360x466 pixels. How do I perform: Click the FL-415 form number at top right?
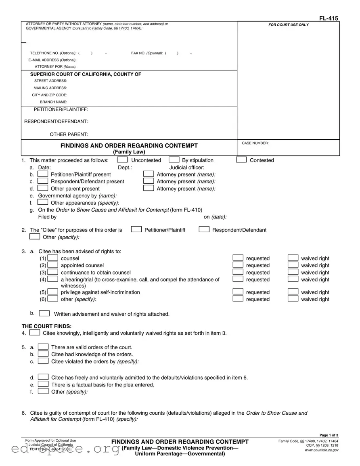point(329,18)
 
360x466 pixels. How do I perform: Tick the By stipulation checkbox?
point(174,160)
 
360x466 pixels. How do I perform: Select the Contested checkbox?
point(241,160)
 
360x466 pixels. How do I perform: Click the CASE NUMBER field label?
point(255,143)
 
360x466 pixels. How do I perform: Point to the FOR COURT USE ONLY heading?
point(288,25)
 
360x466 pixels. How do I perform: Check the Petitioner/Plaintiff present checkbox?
point(43,174)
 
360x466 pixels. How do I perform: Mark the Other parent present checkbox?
point(43,188)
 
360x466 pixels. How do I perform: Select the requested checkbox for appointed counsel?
point(239,265)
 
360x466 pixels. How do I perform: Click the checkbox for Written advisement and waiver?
point(44,313)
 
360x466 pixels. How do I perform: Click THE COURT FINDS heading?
point(46,326)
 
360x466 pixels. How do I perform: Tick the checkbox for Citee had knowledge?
point(43,354)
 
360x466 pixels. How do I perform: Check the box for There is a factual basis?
point(43,384)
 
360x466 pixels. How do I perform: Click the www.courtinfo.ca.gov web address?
point(321,450)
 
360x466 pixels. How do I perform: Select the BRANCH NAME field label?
point(53,102)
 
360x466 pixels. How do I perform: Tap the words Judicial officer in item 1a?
point(186,168)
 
